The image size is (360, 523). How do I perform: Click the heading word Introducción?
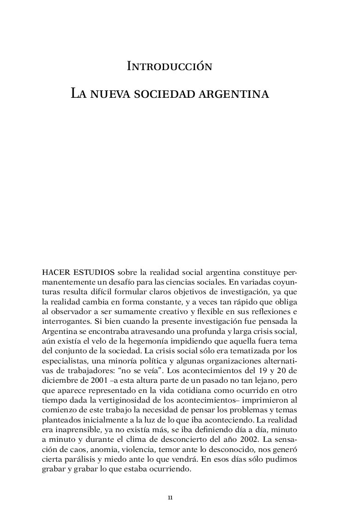pos(169,67)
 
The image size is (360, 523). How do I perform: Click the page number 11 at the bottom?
pos(170,498)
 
